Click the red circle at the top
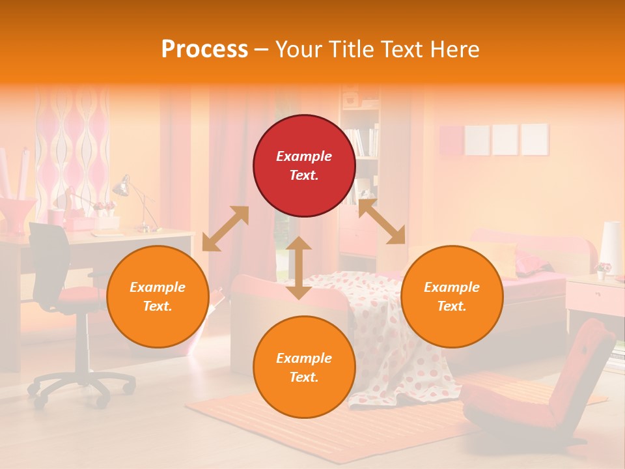pos(304,165)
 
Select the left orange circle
pos(158,296)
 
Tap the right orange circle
pos(452,296)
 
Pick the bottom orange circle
pos(304,367)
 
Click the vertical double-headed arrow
pos(299,268)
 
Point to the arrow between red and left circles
pos(225,229)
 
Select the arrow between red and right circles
pos(382,221)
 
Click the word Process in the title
pos(204,50)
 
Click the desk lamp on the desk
pos(124,189)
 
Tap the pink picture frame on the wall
pos(451,140)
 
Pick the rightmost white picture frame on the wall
pos(535,139)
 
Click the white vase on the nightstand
pos(611,248)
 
